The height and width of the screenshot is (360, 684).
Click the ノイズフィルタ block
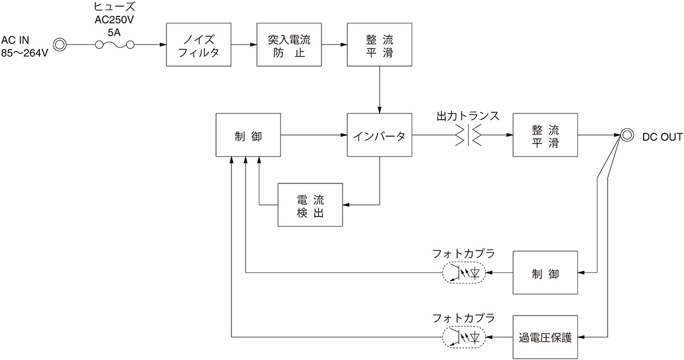[x=198, y=45]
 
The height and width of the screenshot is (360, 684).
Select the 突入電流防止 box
[x=289, y=45]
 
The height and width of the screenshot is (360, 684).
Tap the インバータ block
[x=380, y=136]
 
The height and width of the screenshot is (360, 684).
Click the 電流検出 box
[x=310, y=205]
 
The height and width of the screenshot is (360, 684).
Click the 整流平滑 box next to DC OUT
[x=545, y=136]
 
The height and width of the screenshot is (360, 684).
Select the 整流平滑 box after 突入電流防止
[x=380, y=45]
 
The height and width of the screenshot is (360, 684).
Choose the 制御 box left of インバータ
[x=249, y=136]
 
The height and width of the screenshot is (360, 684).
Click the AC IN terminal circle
[x=60, y=44]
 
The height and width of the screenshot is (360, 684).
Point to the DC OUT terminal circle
[x=626, y=136]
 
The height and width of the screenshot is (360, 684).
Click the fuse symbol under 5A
[x=115, y=45]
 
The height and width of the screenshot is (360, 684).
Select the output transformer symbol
[x=468, y=136]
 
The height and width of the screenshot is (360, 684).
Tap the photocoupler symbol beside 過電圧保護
[x=464, y=337]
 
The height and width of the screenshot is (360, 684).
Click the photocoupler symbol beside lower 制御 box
[x=464, y=273]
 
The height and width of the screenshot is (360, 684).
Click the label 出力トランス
[x=468, y=116]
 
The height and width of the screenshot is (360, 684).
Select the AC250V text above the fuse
[x=114, y=20]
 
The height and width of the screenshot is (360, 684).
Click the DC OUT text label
[x=662, y=136]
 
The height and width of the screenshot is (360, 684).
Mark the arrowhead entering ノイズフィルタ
[x=162, y=45]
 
